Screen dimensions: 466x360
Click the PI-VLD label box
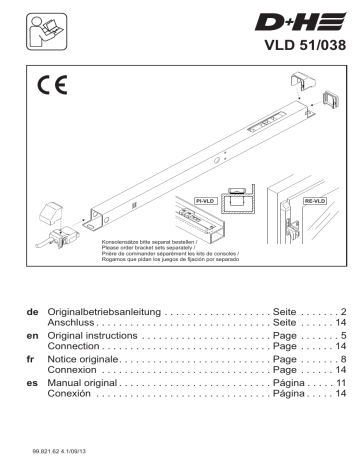pos(205,201)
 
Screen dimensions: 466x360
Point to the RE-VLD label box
pos(313,201)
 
